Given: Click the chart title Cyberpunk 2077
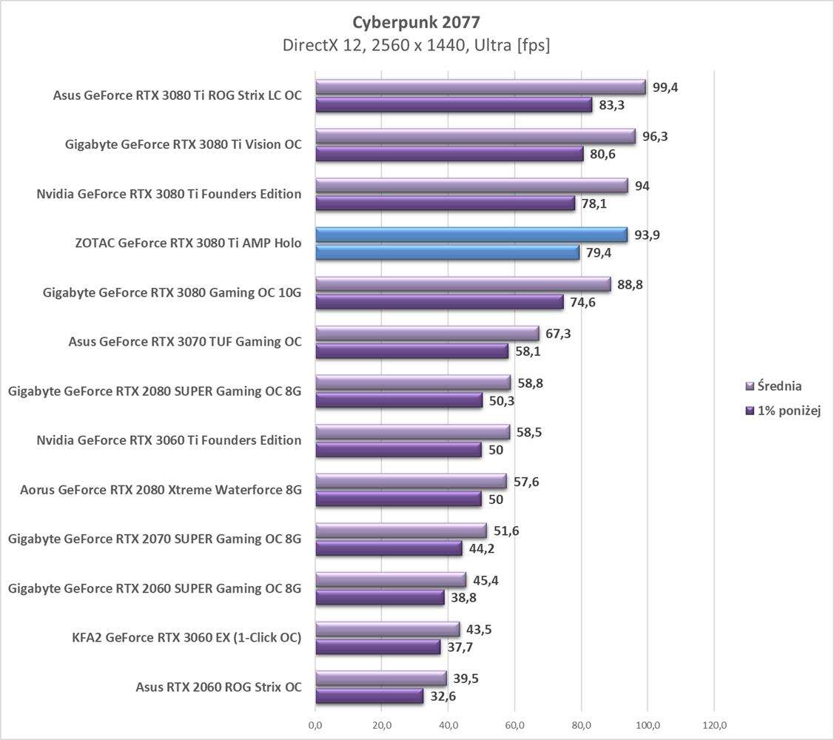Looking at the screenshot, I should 416,21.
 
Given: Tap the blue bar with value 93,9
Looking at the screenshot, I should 471,235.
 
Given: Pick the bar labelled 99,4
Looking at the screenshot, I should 481,87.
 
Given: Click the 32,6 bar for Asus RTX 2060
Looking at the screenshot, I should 369,696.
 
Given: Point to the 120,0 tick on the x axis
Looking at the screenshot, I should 713,724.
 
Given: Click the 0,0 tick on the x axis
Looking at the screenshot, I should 316,724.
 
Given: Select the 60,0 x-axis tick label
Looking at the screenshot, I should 515,724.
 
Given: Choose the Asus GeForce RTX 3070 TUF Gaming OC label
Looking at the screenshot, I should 185,342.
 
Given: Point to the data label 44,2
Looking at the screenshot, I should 482,548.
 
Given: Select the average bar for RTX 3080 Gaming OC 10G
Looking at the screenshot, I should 463,284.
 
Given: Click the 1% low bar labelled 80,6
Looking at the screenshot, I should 450,154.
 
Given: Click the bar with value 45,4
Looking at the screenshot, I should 391,579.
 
